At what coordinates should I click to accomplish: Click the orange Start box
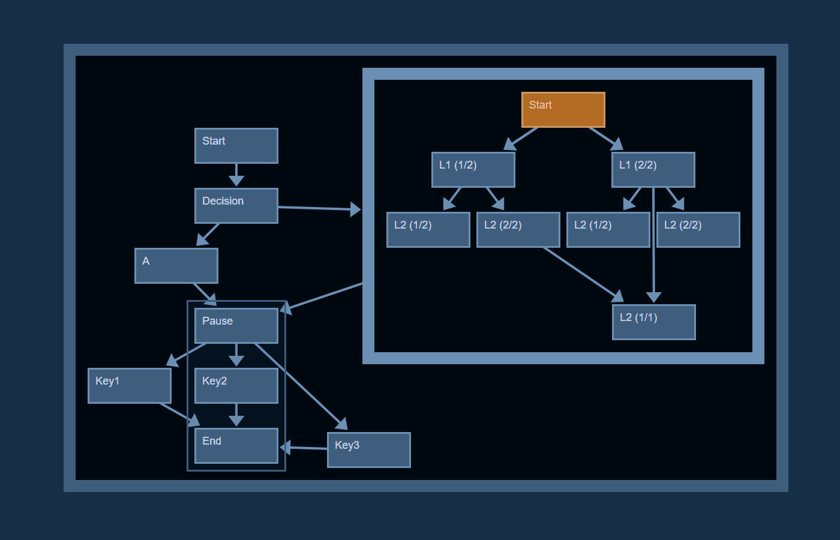pos(563,110)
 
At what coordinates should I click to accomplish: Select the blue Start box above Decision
pos(236,146)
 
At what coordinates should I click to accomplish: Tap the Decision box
pos(236,206)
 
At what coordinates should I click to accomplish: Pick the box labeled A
pos(176,266)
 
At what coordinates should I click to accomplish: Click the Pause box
pos(236,326)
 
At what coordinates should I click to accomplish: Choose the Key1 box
pos(130,386)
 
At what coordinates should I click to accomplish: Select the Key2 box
pos(236,386)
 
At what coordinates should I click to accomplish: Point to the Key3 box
pos(369,450)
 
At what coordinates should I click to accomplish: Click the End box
pos(236,446)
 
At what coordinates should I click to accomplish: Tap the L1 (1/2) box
pos(473,170)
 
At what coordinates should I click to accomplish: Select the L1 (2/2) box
pos(653,170)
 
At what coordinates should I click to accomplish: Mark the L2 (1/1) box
pos(654,322)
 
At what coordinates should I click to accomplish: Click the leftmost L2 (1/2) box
pos(428,230)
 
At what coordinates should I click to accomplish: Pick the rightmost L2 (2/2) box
pos(698,230)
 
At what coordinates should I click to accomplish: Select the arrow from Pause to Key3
pos(300,386)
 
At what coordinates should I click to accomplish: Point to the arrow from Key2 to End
pos(236,414)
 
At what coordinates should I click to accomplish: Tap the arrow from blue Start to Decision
pos(236,174)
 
